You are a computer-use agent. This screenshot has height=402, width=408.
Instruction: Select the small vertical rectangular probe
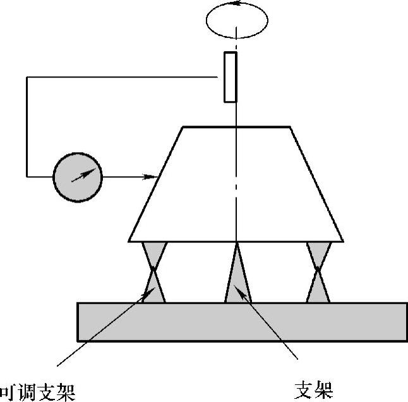pyautogui.click(x=231, y=77)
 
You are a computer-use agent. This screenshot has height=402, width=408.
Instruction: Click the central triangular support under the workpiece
pyautogui.click(x=237, y=278)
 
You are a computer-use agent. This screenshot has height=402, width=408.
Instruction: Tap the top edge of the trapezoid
pyautogui.click(x=236, y=127)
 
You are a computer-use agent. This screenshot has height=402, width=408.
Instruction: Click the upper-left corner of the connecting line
pyautogui.click(x=27, y=77)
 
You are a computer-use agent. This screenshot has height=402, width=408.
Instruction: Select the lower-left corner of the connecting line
pyautogui.click(x=27, y=176)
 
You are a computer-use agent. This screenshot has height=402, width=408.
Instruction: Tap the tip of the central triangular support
pyautogui.click(x=237, y=243)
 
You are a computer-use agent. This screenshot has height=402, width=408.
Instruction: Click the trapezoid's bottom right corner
pyautogui.click(x=344, y=242)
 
